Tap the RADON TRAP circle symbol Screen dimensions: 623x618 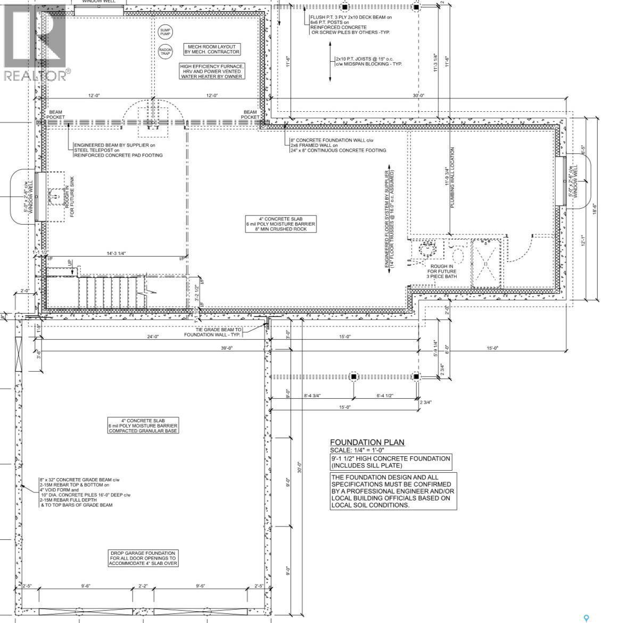point(165,51)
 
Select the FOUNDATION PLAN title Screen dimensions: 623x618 point(367,442)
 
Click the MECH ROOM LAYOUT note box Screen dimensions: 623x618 point(211,49)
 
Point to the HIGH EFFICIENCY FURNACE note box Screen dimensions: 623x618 point(211,71)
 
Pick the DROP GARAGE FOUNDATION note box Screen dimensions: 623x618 point(143,558)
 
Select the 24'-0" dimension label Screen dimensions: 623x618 point(153,336)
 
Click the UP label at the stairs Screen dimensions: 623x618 point(69,263)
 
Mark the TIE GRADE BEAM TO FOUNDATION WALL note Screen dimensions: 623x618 point(213,332)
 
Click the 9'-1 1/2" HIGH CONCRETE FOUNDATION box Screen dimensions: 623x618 point(391,462)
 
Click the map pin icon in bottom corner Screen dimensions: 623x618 point(586,618)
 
